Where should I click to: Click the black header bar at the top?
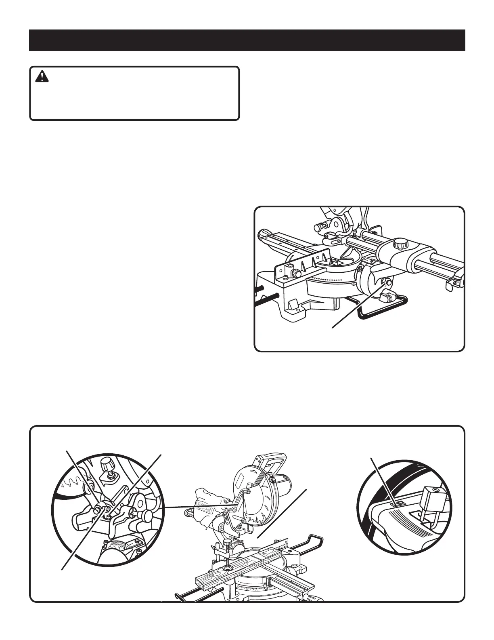(247, 40)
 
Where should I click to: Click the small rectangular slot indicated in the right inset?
(398, 503)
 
